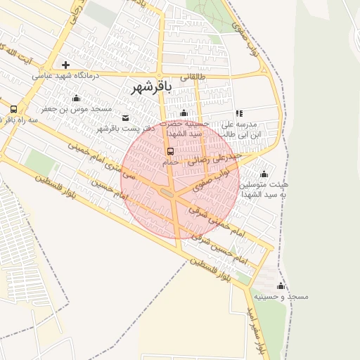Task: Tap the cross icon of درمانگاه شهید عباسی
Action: (x=66, y=65)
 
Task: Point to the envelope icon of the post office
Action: (x=126, y=117)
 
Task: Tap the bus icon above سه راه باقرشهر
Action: (x=14, y=109)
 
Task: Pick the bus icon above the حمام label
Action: (x=170, y=151)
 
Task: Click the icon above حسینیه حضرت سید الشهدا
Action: (x=184, y=113)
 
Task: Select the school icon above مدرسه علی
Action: (x=239, y=113)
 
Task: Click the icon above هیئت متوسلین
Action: (x=264, y=174)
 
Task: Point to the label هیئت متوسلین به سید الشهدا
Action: (x=264, y=189)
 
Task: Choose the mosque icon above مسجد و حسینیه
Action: (x=281, y=286)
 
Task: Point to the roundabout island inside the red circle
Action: (x=168, y=192)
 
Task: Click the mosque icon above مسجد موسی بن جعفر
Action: (x=76, y=98)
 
